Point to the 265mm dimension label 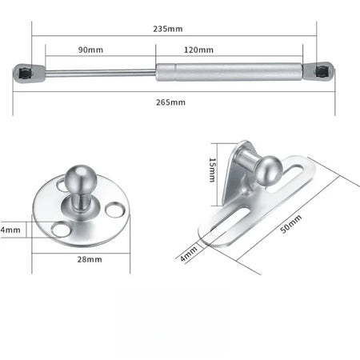point(173,102)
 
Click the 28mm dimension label point(90,259)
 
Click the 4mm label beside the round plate point(7,230)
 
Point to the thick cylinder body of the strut point(229,70)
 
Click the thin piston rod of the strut point(99,73)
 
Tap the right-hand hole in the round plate point(118,212)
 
